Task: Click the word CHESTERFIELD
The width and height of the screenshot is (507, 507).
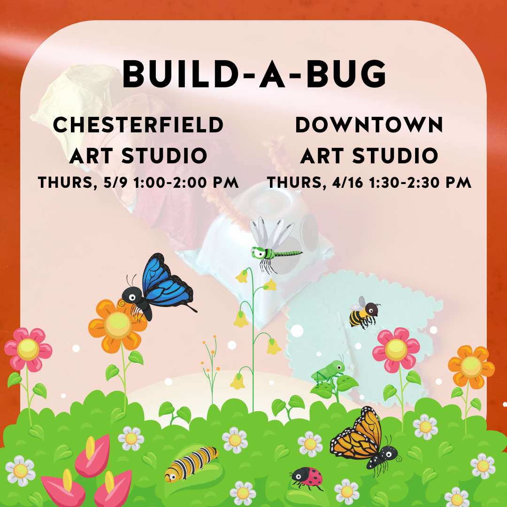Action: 138,125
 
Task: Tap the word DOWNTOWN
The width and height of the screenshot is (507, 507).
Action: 369,125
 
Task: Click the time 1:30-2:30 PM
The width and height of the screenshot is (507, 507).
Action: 420,183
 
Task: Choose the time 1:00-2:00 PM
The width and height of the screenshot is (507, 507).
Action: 186,183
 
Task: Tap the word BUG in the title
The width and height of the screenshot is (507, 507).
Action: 346,74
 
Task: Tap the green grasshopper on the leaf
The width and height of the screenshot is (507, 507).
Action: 328,372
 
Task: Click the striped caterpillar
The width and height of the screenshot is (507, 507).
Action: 191,464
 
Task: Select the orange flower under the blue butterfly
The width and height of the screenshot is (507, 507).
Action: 118,326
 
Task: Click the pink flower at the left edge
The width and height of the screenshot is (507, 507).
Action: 28,350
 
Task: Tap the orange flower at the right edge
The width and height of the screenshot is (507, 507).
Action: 471,367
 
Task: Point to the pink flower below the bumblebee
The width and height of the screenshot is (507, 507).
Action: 396,350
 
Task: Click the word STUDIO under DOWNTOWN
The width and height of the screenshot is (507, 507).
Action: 395,155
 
